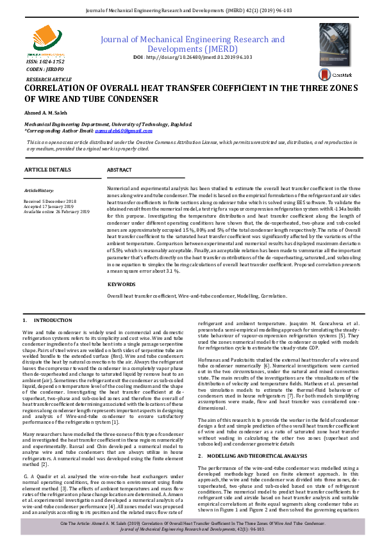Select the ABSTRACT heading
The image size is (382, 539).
119,170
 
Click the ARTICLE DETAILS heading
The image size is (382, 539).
47,169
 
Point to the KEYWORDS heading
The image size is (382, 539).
122,284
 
